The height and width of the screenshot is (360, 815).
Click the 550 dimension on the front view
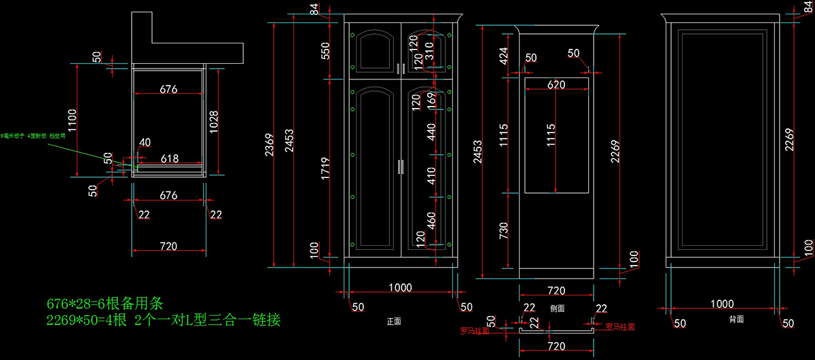click(x=325, y=50)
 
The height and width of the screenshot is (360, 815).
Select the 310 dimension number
click(x=429, y=50)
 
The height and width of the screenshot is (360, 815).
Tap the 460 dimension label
click(x=431, y=221)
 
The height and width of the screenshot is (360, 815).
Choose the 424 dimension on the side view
click(x=503, y=55)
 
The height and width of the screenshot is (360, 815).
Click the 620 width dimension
click(x=556, y=85)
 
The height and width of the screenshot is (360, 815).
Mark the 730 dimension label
click(x=503, y=231)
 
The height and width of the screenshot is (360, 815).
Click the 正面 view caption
click(x=394, y=321)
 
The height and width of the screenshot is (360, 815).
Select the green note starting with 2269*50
click(x=164, y=319)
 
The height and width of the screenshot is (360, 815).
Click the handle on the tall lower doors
click(x=401, y=167)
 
